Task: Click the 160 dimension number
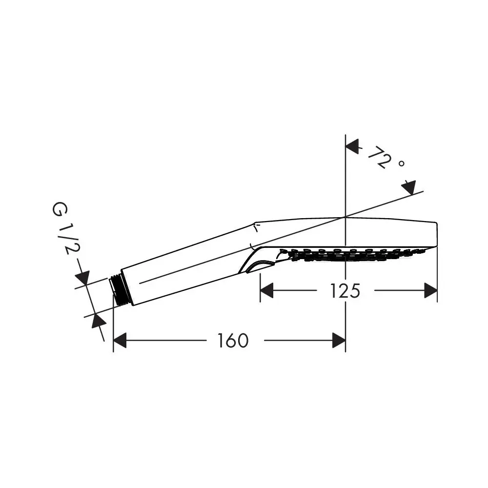(x=233, y=341)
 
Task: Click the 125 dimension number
(x=345, y=291)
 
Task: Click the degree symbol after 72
(x=402, y=163)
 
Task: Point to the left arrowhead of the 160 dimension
(x=120, y=340)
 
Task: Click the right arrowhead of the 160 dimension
(x=339, y=340)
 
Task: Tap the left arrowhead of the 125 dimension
(x=267, y=290)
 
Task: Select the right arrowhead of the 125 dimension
(x=431, y=290)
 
